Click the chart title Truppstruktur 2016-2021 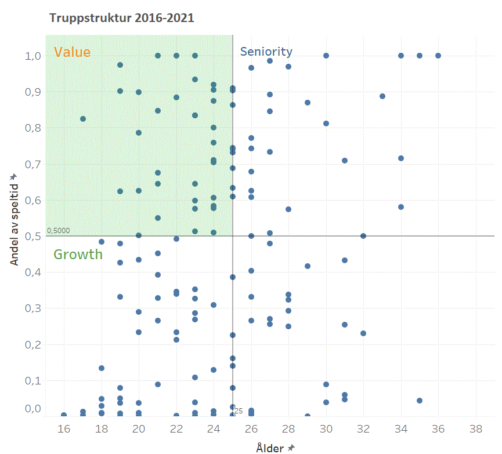pyautogui.click(x=122, y=18)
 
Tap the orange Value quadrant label pyautogui.click(x=72, y=52)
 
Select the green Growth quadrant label pyautogui.click(x=78, y=254)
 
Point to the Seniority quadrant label pyautogui.click(x=266, y=52)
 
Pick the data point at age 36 pyautogui.click(x=438, y=56)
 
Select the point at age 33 pyautogui.click(x=382, y=96)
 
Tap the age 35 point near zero pyautogui.click(x=420, y=401)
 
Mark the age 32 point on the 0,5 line pyautogui.click(x=363, y=236)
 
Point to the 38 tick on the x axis pyautogui.click(x=476, y=429)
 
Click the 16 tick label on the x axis pyautogui.click(x=64, y=429)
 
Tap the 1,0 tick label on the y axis pyautogui.click(x=32, y=56)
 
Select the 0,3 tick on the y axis pyautogui.click(x=32, y=308)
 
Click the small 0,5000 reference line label pyautogui.click(x=59, y=231)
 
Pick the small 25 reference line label pyautogui.click(x=239, y=411)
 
